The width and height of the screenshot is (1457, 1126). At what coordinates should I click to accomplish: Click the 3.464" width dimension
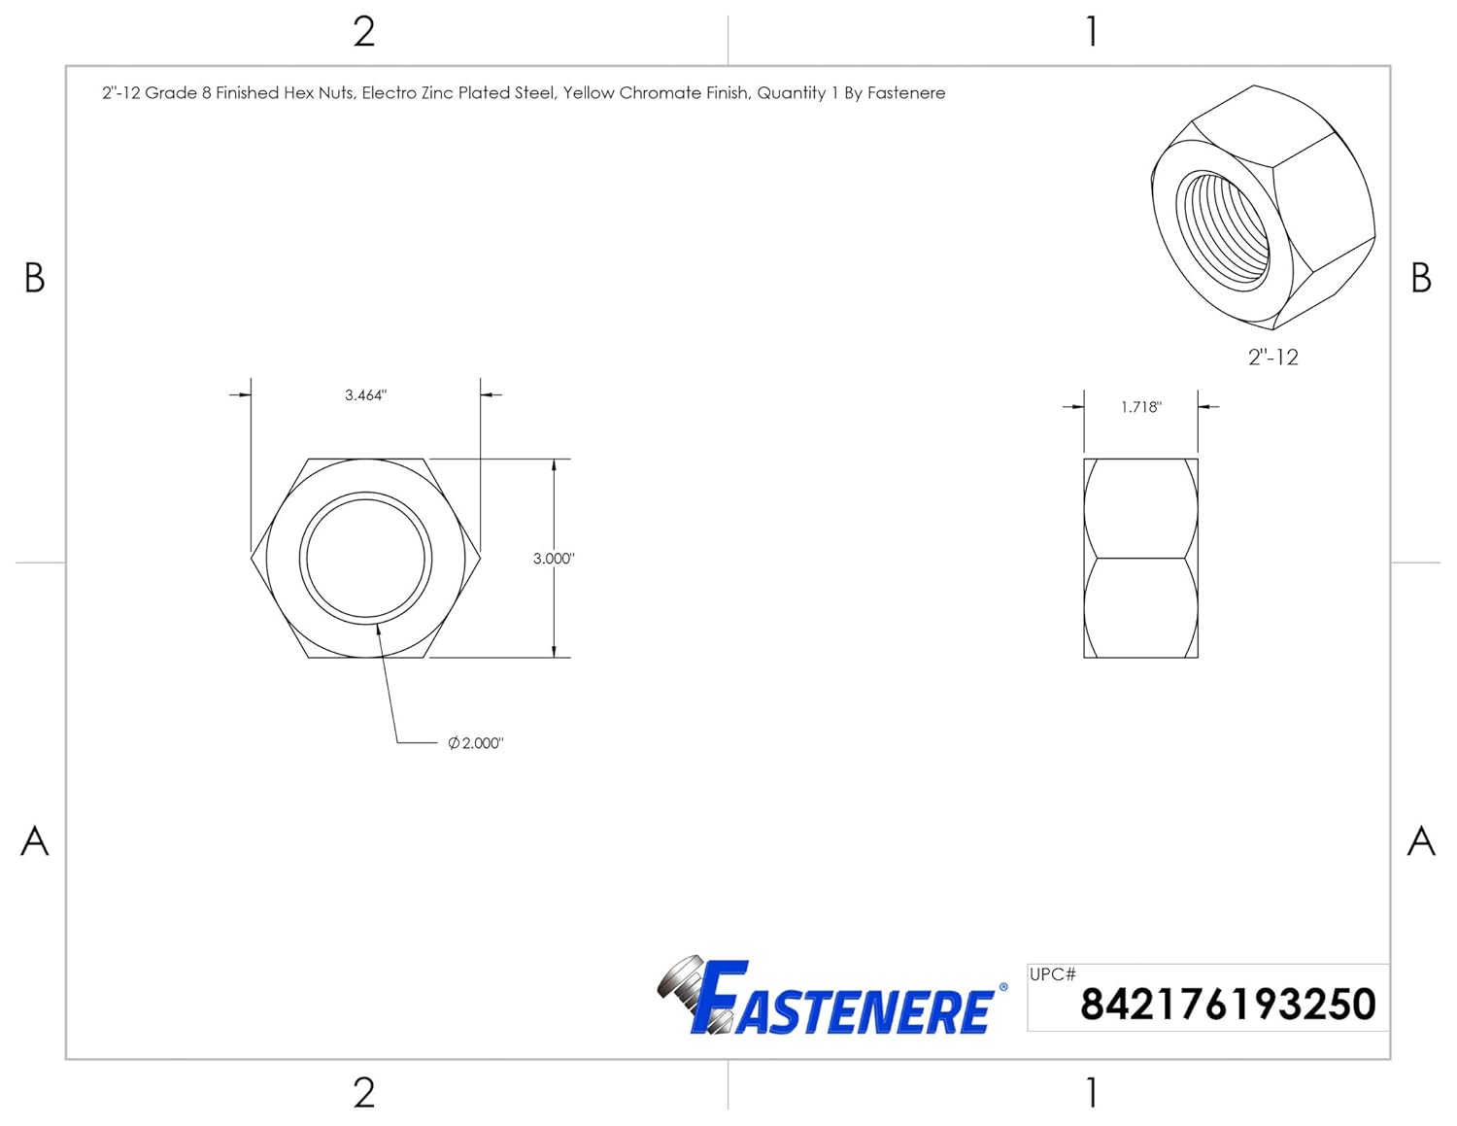click(365, 395)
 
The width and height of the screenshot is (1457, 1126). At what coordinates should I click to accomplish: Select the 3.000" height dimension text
click(554, 559)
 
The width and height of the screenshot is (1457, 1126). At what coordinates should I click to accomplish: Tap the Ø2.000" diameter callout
click(476, 743)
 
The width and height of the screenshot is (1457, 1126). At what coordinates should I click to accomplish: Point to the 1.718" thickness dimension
click(1140, 407)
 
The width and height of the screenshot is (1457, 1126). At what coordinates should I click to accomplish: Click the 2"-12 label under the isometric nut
click(1272, 358)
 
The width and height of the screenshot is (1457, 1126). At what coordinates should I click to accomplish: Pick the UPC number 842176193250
click(1228, 1005)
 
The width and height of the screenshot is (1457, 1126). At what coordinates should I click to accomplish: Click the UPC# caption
click(1052, 974)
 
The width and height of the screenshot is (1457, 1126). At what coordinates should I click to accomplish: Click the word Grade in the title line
click(171, 93)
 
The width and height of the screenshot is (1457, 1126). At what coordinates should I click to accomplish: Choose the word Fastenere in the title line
click(906, 93)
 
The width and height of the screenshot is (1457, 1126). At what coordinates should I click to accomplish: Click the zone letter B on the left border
click(34, 278)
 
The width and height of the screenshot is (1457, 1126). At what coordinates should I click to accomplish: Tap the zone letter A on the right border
click(1421, 840)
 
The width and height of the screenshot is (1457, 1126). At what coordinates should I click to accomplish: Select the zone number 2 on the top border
click(364, 32)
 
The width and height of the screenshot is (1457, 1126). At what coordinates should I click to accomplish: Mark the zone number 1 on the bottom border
click(1092, 1093)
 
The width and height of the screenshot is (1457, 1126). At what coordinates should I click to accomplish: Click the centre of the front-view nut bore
click(365, 559)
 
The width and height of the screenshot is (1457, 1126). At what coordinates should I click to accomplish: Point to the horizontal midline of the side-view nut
click(1140, 558)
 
